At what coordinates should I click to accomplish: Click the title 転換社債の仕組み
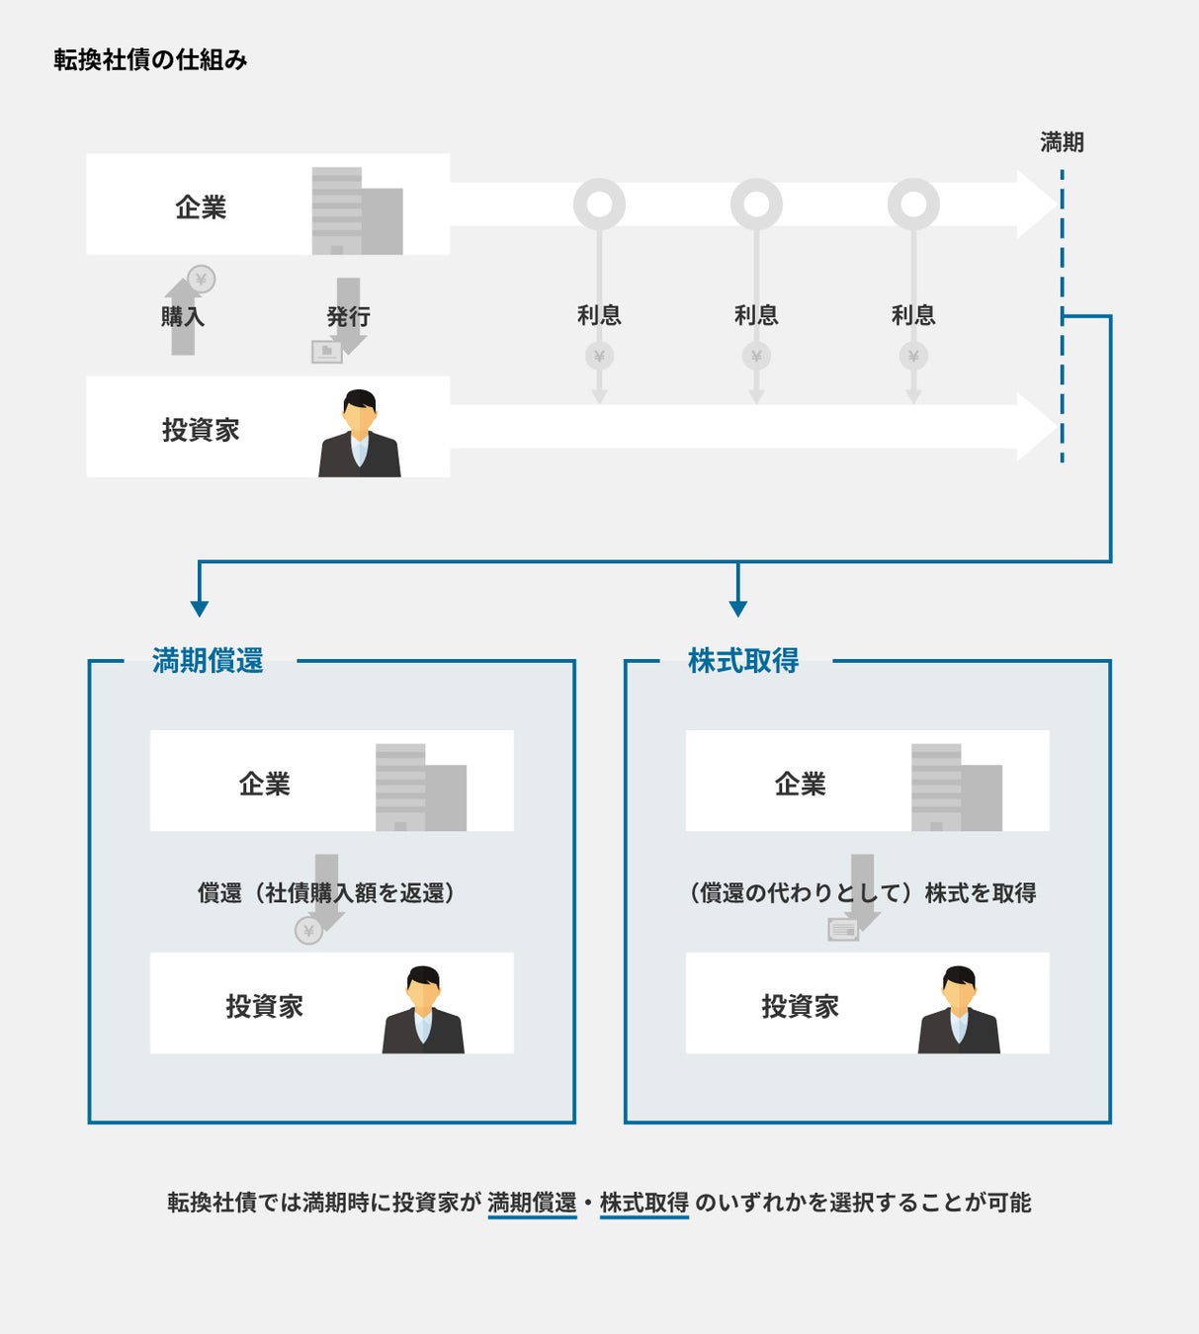(150, 60)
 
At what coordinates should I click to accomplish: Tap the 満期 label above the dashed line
(1062, 142)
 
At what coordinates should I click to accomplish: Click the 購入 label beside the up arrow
(182, 316)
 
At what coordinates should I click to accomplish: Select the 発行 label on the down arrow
(348, 316)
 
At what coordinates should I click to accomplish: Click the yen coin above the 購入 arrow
(202, 280)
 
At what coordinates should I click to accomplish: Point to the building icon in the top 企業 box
(357, 211)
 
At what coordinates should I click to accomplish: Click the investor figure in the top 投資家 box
(360, 434)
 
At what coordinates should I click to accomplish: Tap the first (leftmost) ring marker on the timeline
(599, 205)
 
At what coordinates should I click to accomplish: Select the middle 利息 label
(756, 315)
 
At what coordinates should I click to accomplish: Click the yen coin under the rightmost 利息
(913, 356)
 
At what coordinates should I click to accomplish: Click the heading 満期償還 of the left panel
(208, 660)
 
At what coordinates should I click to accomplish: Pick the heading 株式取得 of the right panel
(743, 660)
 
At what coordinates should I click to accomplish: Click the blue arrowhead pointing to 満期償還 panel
(200, 608)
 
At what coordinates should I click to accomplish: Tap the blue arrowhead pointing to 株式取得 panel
(737, 608)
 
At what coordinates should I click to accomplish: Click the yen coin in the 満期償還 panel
(308, 930)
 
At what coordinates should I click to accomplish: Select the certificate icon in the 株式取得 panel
(843, 930)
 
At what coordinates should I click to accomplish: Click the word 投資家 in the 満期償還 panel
(264, 1006)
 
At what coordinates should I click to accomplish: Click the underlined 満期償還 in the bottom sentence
(532, 1203)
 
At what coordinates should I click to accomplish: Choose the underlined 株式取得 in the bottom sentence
(643, 1203)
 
